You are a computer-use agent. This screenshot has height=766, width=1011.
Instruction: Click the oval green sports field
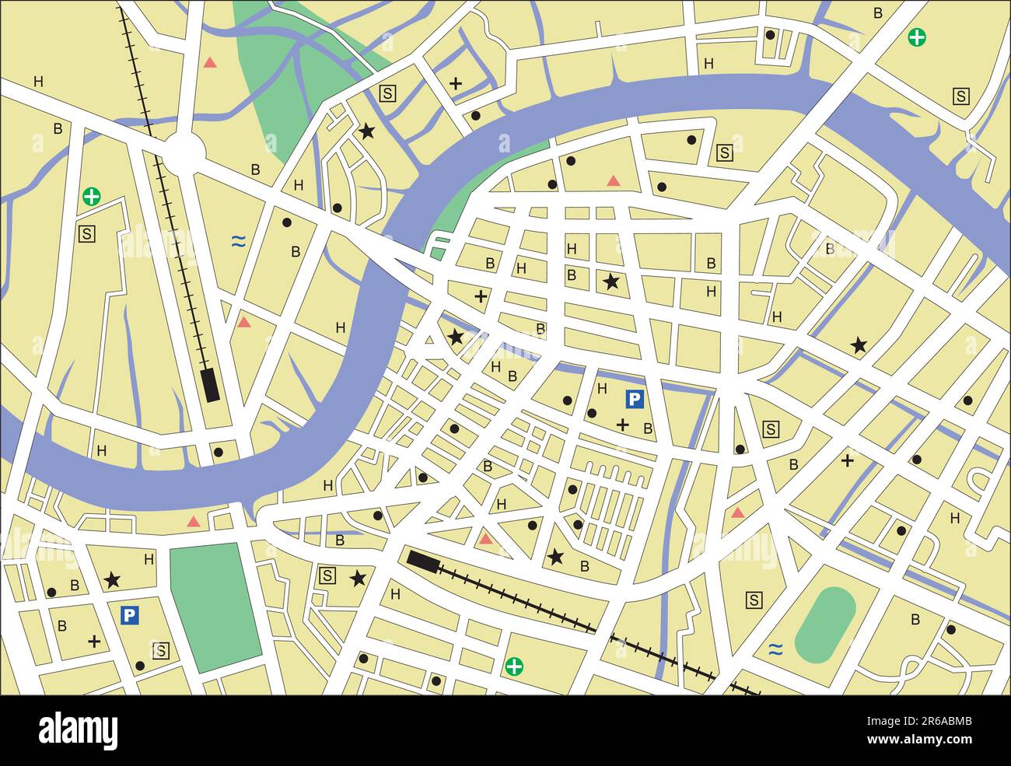coord(825,624)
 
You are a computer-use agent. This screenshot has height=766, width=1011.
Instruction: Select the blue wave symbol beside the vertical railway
coord(238,242)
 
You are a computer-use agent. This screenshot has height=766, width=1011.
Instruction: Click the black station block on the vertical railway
coord(210,384)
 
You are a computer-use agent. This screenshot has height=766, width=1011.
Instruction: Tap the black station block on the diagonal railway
coord(422,560)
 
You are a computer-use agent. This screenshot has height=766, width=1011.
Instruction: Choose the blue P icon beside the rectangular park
coord(130,616)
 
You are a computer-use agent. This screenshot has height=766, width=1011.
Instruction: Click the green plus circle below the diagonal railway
coord(514,666)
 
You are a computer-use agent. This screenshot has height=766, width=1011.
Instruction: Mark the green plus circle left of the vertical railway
coord(92,196)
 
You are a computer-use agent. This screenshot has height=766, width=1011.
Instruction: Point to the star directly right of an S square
coord(358,578)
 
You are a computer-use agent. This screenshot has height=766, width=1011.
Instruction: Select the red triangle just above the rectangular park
coord(194,522)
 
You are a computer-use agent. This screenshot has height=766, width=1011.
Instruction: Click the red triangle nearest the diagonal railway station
coord(486,538)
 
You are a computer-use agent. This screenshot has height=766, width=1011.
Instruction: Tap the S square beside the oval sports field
coord(754,600)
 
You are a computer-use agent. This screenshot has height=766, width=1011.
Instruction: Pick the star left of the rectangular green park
coord(112,579)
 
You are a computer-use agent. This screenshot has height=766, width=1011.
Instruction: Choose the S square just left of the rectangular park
coord(161,650)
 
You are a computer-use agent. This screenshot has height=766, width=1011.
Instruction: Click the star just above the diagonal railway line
coord(555,557)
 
